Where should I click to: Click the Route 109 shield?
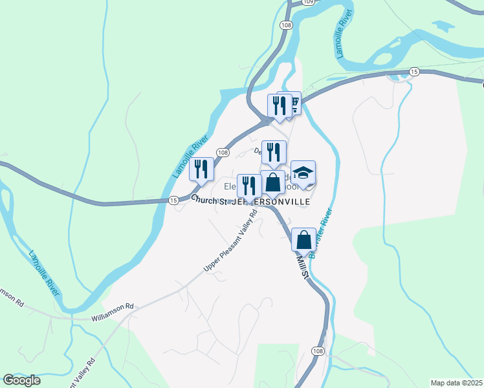point(309,3)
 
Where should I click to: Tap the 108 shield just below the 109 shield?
point(285,25)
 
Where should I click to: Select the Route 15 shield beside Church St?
point(173,200)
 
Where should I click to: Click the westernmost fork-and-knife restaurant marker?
point(201,169)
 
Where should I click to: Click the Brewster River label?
point(322,233)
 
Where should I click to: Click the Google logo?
point(21,380)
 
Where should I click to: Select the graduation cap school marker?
point(303,173)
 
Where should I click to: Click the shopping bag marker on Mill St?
point(303,240)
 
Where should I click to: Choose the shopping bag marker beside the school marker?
point(273,183)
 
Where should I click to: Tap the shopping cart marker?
point(293,103)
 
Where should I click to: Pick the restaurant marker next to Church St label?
point(249,186)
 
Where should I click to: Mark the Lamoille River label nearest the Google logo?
point(43,273)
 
